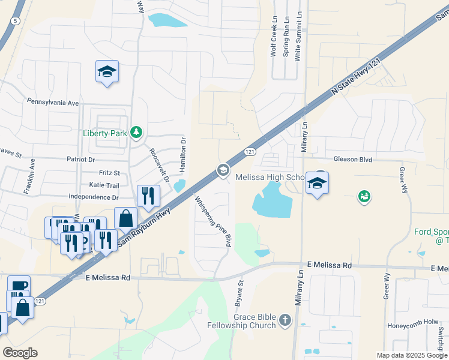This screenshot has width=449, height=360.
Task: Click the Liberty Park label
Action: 104,133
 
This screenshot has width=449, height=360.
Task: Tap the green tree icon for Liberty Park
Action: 137,132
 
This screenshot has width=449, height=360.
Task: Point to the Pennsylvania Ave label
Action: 53,103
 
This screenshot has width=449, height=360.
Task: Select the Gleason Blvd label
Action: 353,160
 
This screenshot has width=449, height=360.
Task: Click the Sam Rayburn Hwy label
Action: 144,227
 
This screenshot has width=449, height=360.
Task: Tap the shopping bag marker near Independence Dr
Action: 126,218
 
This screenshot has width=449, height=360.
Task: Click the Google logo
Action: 20,353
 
